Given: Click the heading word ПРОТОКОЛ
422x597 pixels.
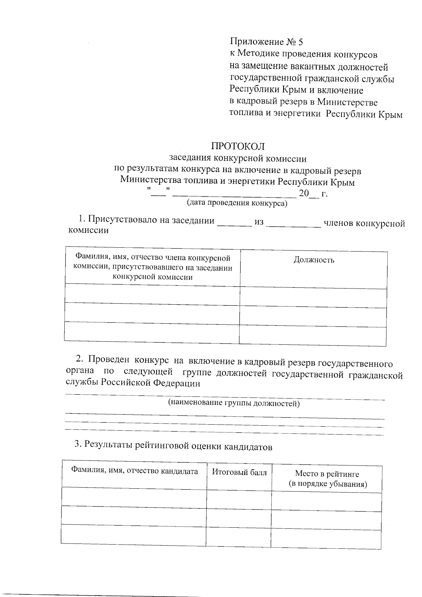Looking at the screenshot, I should [x=237, y=146].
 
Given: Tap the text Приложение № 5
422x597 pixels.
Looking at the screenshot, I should [x=266, y=42].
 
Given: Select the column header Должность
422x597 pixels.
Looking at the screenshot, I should [x=314, y=260].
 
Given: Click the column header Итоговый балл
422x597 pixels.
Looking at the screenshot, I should [x=239, y=472].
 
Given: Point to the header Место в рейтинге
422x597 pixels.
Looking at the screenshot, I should [x=327, y=474].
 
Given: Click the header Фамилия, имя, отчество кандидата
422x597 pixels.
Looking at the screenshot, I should [x=134, y=471].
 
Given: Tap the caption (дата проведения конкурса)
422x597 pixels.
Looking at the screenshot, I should [x=237, y=203].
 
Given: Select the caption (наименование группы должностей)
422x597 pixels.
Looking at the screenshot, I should [x=234, y=403].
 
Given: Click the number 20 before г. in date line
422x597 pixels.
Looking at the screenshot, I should [x=303, y=193].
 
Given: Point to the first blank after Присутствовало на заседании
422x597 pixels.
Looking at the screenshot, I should [x=234, y=224].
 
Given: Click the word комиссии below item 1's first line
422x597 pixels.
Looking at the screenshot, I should [x=88, y=231].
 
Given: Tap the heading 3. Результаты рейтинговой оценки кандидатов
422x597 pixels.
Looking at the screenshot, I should [x=173, y=446].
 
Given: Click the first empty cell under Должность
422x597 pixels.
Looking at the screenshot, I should [x=313, y=298].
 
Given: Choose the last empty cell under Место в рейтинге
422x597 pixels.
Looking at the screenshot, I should [x=326, y=540].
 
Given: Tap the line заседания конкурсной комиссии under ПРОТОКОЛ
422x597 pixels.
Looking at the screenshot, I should [x=237, y=159].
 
